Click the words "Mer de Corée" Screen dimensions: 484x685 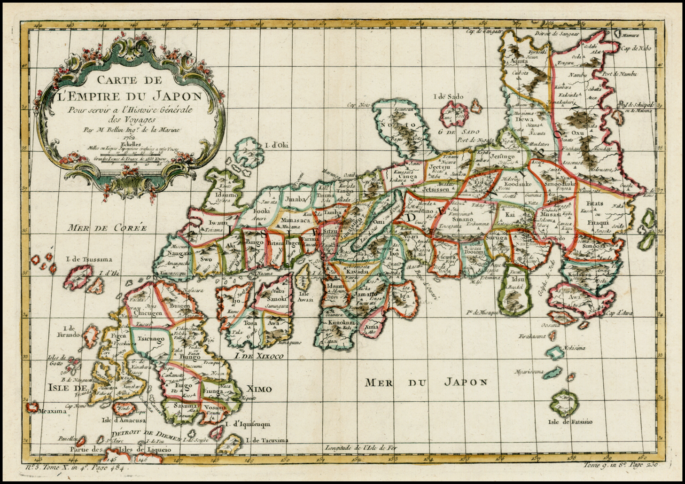coord(107,228)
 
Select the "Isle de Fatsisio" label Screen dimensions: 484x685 coord(570,422)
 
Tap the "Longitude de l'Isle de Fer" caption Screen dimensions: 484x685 coord(365,448)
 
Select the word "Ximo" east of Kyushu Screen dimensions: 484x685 coord(262,389)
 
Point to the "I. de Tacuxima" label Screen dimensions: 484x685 coord(269,440)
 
